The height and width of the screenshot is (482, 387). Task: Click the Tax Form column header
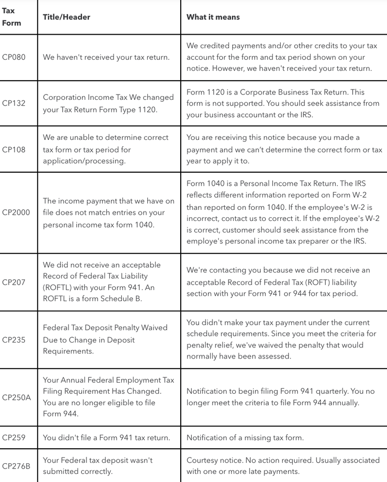coord(12,17)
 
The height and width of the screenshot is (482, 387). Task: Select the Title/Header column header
coord(66,17)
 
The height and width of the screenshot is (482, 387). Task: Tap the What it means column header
coord(213,17)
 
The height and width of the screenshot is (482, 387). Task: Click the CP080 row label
coord(14,57)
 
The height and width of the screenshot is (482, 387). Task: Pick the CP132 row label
coord(14,103)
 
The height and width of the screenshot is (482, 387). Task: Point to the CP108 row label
coord(14,149)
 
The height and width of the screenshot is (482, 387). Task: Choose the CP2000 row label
coord(15,213)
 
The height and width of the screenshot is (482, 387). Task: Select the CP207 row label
coord(14,282)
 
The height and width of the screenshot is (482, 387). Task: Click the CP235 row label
coord(14,340)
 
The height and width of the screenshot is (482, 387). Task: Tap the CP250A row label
coord(16,398)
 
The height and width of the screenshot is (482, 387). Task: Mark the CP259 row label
coord(14,438)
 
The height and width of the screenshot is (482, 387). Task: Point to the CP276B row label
coord(16,466)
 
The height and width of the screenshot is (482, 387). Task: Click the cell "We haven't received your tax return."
coord(106,57)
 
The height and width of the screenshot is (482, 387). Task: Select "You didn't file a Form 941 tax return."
coord(106,438)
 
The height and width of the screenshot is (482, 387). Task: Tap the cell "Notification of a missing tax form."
coord(245,438)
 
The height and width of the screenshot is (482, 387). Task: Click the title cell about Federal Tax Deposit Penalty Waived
coord(105,340)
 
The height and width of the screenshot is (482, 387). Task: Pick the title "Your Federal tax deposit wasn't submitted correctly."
coord(98,466)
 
